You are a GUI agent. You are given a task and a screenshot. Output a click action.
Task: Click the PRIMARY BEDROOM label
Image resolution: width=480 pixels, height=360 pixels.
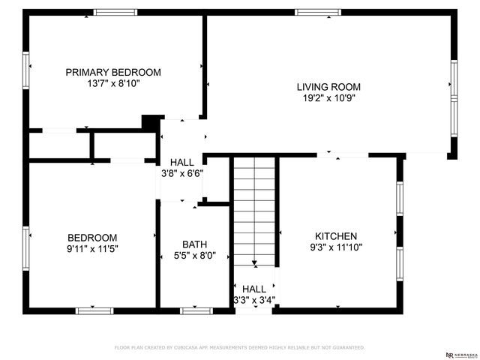click(113, 72)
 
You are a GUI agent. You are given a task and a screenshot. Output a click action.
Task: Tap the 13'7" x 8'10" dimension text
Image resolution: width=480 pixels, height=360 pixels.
click(113, 84)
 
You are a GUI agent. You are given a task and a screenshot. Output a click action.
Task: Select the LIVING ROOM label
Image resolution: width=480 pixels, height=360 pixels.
click(328, 86)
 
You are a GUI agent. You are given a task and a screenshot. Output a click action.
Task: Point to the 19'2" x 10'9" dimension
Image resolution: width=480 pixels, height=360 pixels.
click(328, 97)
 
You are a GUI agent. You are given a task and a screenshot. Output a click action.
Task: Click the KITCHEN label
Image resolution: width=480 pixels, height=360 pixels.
click(335, 235)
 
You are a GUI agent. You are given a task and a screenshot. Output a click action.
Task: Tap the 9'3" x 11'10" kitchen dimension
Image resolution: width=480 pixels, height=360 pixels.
click(335, 247)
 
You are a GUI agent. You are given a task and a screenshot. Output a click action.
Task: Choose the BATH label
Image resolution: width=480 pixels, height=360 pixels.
click(194, 244)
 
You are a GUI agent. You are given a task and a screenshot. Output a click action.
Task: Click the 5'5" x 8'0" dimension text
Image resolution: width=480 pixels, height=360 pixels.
click(194, 256)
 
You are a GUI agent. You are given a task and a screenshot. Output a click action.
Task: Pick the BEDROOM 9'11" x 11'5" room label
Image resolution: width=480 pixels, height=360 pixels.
click(92, 237)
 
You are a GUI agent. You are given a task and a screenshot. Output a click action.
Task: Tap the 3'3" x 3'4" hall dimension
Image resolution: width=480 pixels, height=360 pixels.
click(254, 300)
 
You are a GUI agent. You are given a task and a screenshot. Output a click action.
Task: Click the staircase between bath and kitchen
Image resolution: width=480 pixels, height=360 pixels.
click(254, 210)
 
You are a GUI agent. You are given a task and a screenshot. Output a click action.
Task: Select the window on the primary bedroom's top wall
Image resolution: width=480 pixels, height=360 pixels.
click(115, 12)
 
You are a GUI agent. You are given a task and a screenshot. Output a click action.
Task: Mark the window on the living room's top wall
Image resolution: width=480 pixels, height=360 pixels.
click(317, 12)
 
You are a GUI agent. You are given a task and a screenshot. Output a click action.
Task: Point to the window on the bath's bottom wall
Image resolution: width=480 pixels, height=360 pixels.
click(196, 310)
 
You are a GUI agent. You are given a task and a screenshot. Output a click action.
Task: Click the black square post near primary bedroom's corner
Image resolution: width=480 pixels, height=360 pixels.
click(151, 121)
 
